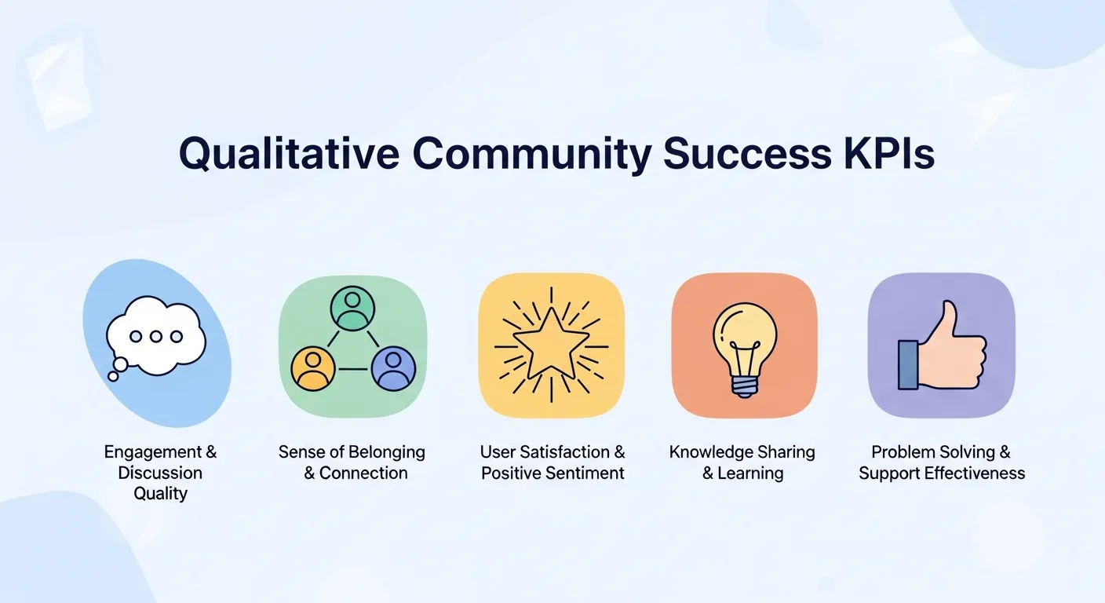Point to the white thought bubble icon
[156, 335]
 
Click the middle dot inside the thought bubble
[156, 337]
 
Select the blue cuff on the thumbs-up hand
[908, 364]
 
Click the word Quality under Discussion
[160, 494]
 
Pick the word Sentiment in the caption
[585, 473]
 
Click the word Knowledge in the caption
[710, 452]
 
